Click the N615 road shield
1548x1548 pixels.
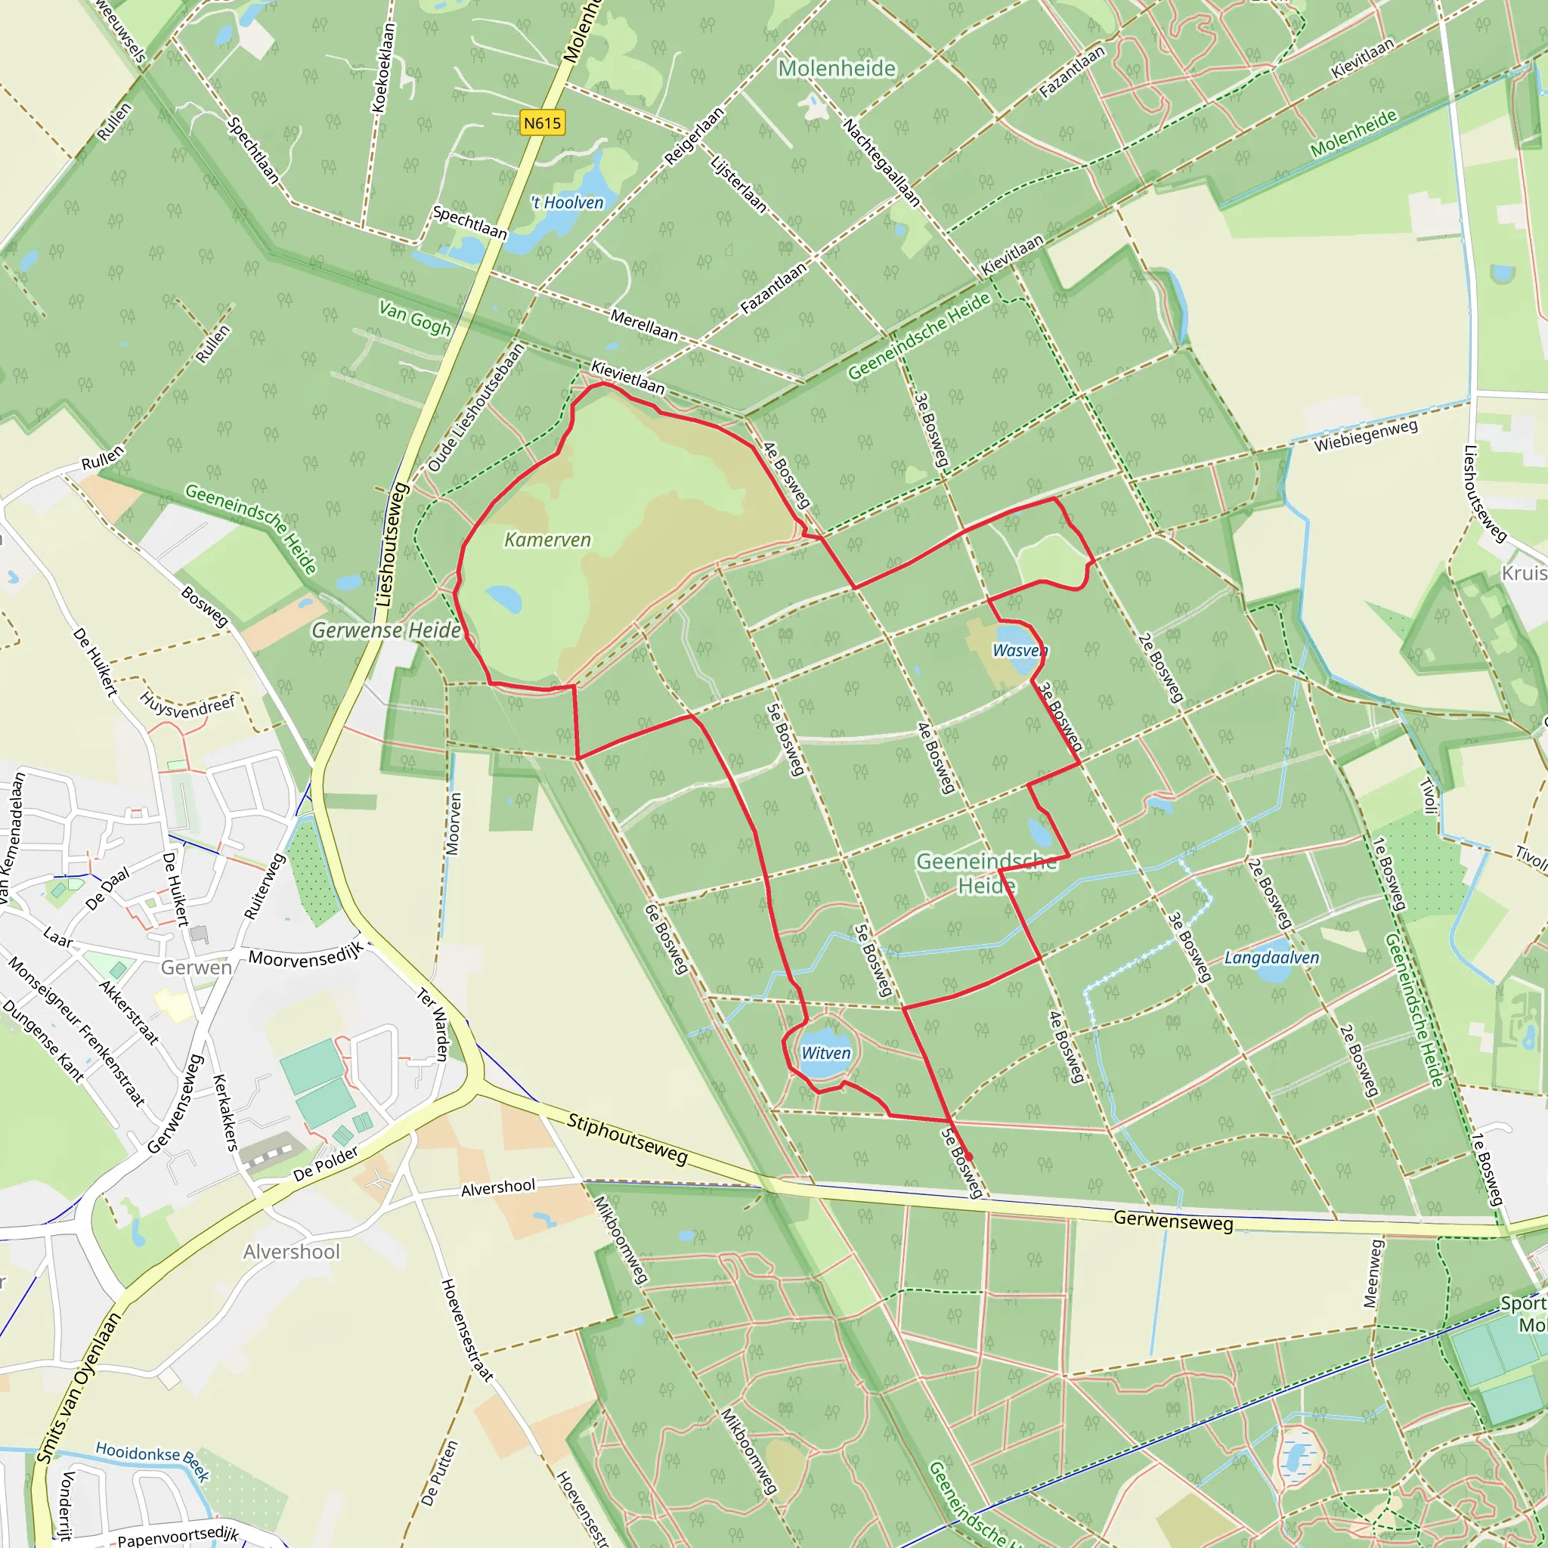(x=543, y=122)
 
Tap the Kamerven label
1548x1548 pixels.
(x=547, y=540)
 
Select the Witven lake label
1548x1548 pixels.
(x=826, y=1053)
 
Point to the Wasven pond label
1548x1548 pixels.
(x=1019, y=650)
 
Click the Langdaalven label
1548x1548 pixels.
(x=1271, y=958)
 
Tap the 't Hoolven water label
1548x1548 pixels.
(x=568, y=203)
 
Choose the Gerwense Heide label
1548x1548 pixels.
(x=386, y=630)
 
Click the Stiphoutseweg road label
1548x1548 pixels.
(x=627, y=1138)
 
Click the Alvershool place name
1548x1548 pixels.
(x=292, y=1252)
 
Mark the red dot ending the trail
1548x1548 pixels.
(x=969, y=1156)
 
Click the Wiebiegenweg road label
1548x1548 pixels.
(x=1366, y=435)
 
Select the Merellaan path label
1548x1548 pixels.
(x=644, y=324)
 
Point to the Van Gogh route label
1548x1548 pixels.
(x=415, y=318)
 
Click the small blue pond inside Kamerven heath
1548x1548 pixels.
(x=503, y=598)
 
